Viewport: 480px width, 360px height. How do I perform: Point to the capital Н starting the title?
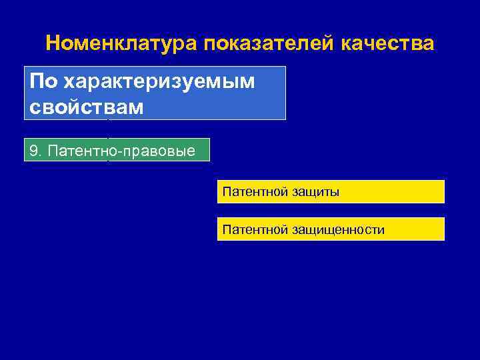pos(53,44)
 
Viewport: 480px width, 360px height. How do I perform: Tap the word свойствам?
pos(87,107)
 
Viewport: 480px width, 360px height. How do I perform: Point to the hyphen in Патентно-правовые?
pos(117,151)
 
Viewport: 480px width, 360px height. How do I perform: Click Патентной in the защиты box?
pos(255,192)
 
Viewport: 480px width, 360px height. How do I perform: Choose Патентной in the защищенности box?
pos(255,230)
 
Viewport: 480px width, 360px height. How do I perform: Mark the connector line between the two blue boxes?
pos(108,129)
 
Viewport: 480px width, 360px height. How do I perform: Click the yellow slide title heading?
pos(240,44)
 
